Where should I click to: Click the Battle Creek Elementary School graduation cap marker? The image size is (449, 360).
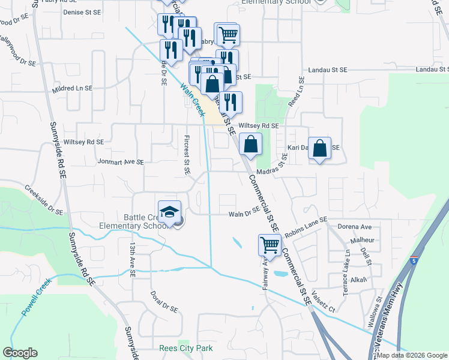(x=170, y=212)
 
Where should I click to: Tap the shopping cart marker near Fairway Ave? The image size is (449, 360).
(x=270, y=245)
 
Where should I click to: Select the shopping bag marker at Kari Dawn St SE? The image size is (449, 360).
(x=320, y=148)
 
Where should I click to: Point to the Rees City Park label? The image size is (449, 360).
(x=186, y=348)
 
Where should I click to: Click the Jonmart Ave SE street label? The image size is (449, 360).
(x=120, y=162)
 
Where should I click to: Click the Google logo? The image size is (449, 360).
(x=20, y=353)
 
